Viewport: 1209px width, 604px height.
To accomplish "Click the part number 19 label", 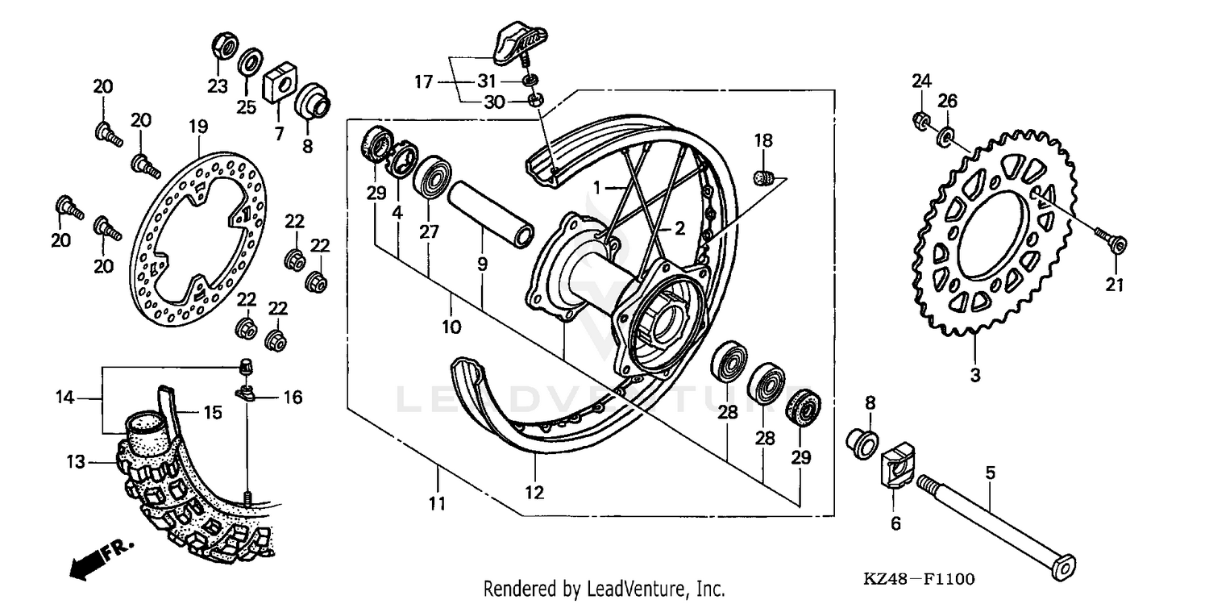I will coord(198,127).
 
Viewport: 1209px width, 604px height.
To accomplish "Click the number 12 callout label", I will coord(534,492).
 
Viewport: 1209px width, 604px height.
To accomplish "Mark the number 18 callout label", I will coord(763,140).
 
